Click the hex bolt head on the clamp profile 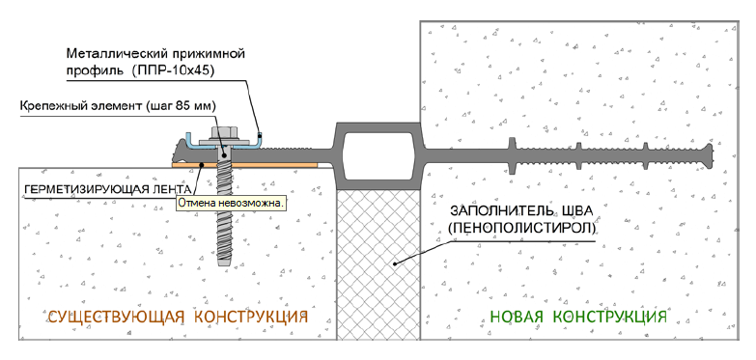[x=222, y=132]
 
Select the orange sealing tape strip [x=244, y=165]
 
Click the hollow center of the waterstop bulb [x=378, y=152]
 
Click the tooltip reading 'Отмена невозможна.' [x=231, y=204]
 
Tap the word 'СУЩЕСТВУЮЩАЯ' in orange [x=116, y=318]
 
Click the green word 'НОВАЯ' [x=517, y=318]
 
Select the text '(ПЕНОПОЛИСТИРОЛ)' [x=522, y=228]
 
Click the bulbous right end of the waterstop [x=708, y=154]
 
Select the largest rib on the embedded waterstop [x=511, y=154]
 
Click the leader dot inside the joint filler [x=394, y=263]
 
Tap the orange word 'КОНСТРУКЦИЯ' [x=251, y=318]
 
